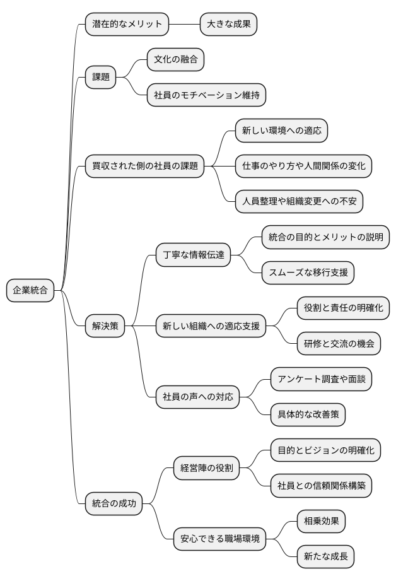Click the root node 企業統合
(x=30, y=291)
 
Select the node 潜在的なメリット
(x=127, y=25)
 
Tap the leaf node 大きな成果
(x=228, y=25)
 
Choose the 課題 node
(x=101, y=78)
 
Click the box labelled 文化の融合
(x=175, y=61)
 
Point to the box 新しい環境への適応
(x=281, y=131)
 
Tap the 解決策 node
(x=105, y=326)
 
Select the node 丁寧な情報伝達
(x=194, y=255)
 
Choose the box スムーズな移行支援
(x=308, y=273)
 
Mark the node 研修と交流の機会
(x=339, y=344)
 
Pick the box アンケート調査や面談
(x=321, y=379)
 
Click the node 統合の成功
(x=114, y=503)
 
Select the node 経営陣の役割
(x=207, y=467)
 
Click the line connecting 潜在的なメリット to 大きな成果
(x=185, y=25)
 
